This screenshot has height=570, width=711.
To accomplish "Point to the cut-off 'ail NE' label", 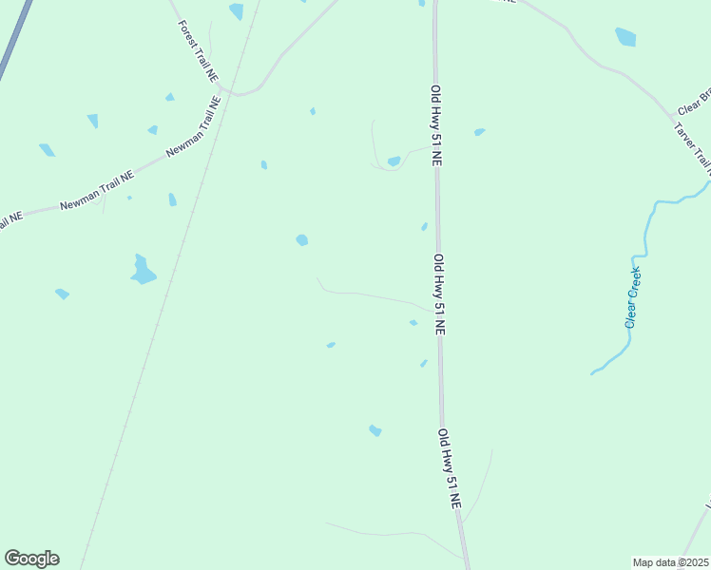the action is point(10,222).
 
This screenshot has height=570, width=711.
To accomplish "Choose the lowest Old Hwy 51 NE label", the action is point(449,470).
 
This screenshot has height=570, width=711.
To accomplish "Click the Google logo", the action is point(31,559).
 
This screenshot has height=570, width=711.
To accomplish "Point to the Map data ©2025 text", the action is point(670,561).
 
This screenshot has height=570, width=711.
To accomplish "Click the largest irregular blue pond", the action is point(143,271).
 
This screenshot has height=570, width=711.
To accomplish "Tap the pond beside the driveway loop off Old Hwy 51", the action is point(394,161).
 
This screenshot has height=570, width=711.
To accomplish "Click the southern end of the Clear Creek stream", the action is point(593,372).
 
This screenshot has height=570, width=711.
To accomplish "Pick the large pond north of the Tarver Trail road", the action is point(625,37).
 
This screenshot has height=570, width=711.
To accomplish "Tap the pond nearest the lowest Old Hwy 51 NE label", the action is point(375,430).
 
